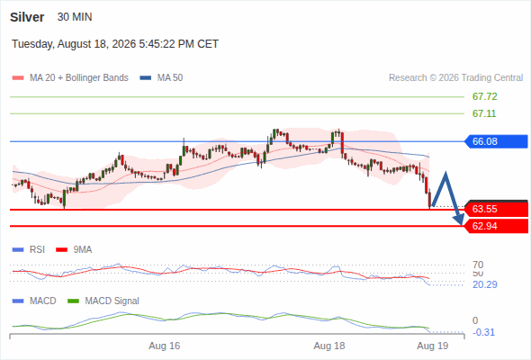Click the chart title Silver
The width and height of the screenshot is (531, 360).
27,17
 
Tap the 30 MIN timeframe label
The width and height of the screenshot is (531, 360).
75,17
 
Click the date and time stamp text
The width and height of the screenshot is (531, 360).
115,44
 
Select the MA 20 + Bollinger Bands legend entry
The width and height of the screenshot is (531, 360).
70,78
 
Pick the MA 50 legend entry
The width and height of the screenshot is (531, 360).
161,78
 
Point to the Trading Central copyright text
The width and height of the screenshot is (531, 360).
455,78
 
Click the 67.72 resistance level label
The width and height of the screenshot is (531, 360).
484,96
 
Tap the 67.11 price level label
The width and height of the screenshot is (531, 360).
484,113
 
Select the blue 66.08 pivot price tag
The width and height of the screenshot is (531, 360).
495,141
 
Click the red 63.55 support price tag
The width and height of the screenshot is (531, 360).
495,209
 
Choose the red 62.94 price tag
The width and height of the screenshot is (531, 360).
495,226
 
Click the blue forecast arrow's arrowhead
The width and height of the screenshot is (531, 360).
459,220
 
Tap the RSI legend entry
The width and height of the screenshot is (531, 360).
29,250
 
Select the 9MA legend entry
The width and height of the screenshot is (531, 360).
74,250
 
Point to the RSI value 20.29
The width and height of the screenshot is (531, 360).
485,284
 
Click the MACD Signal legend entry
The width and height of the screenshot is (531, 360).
103,301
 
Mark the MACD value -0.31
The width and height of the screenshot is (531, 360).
483,332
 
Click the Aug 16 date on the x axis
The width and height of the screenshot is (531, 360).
164,346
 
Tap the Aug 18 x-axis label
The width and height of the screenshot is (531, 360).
329,346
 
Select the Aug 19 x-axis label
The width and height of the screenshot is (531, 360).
433,346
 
